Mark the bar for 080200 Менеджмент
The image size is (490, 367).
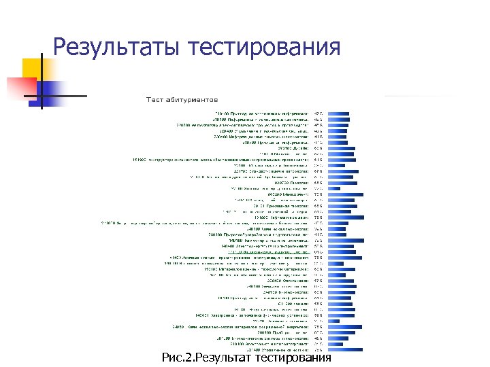pos(350,194)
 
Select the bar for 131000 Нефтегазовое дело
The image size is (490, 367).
pos(350,217)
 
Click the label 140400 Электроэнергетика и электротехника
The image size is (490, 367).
pos(265,247)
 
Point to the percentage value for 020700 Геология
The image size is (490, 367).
pos(318,183)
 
